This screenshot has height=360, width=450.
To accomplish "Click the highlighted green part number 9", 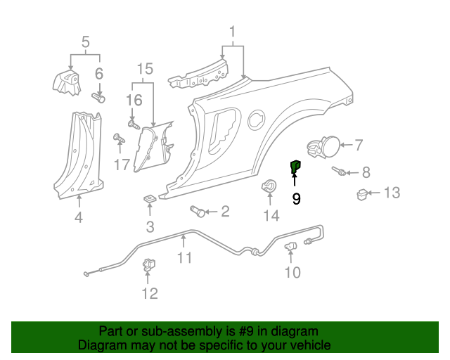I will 295,166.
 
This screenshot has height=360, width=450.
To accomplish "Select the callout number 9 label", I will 296,199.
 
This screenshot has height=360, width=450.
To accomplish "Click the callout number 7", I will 359,146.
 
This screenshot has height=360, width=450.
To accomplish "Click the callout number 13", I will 392,193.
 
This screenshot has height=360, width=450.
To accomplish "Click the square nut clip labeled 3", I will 150,200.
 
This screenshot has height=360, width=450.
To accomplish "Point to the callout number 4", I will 79,218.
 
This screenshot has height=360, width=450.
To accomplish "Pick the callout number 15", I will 144,69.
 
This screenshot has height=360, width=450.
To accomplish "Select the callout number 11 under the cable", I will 184,258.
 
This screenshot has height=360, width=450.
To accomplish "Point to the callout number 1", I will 232,32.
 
